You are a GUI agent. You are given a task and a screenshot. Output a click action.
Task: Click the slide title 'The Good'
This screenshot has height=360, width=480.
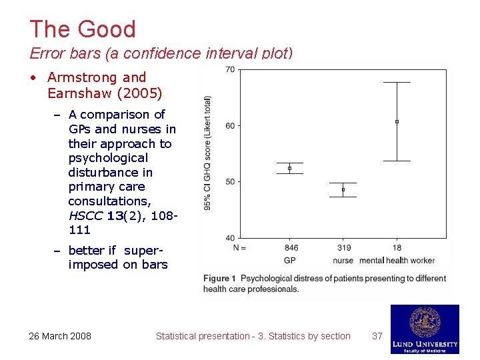click(82, 29)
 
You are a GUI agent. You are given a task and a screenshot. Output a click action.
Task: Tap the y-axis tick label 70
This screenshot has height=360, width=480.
click(230, 69)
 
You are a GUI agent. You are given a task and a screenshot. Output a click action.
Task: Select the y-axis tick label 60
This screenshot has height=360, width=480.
click(230, 125)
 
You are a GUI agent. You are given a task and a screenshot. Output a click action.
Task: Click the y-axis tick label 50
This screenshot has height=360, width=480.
click(230, 181)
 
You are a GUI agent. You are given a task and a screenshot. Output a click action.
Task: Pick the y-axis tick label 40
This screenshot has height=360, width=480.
click(230, 237)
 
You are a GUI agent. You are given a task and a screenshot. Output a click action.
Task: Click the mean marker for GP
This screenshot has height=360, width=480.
click(289, 168)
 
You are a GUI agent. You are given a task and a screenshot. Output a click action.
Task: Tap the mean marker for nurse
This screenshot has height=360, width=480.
click(343, 189)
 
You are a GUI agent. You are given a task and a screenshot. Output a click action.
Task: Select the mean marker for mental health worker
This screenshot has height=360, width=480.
click(397, 121)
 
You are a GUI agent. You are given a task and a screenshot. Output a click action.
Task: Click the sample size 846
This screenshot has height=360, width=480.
click(291, 248)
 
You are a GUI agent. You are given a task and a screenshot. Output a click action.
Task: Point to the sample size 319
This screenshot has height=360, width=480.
click(344, 248)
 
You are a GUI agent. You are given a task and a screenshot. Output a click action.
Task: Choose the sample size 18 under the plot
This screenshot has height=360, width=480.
click(397, 248)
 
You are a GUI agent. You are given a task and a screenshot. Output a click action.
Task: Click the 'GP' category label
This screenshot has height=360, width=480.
click(290, 260)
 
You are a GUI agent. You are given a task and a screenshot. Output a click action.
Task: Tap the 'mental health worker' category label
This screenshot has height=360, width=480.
click(397, 260)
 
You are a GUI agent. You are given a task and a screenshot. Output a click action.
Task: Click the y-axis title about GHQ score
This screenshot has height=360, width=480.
click(208, 153)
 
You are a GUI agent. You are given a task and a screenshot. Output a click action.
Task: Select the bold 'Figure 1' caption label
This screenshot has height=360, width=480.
click(219, 278)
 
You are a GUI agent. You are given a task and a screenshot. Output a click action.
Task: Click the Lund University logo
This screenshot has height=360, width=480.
click(425, 329)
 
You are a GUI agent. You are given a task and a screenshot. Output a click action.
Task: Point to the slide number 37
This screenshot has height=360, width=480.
click(377, 336)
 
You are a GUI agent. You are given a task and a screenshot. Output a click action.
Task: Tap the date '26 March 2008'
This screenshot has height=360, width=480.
click(60, 336)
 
